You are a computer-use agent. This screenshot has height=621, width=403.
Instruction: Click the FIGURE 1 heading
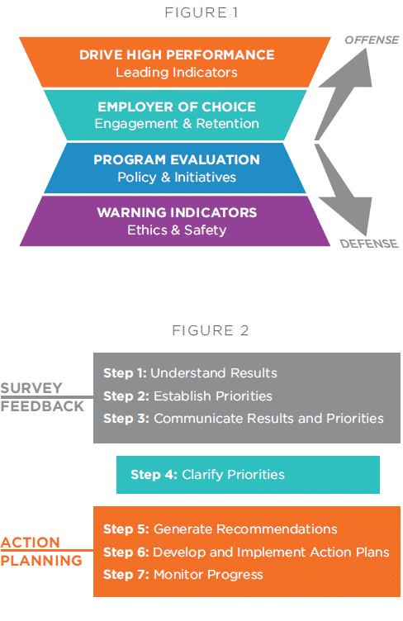(201, 12)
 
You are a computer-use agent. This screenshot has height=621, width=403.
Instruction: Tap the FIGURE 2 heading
(211, 330)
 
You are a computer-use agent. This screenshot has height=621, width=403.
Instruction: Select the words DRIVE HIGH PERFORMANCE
(177, 55)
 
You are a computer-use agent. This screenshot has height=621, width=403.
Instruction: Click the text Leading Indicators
(177, 73)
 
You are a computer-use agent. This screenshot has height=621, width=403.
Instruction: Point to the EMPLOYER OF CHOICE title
(177, 107)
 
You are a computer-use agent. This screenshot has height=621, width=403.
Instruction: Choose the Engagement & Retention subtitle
(177, 124)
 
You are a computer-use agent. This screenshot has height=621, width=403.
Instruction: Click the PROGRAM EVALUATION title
(177, 159)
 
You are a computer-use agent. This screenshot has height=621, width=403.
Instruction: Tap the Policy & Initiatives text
(177, 177)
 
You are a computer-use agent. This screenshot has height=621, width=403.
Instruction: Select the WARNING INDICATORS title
(177, 213)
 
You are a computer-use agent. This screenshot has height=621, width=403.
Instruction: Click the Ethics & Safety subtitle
(177, 230)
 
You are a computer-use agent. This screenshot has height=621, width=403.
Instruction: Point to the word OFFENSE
(372, 40)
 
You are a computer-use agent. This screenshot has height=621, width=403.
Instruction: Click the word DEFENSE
(369, 244)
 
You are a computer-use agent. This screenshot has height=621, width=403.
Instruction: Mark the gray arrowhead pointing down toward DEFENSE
(348, 216)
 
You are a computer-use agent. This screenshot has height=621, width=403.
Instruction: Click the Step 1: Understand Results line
(190, 373)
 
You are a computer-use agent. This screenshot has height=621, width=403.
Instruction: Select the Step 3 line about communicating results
(244, 419)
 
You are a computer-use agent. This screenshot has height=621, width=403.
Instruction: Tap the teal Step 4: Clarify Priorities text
(207, 475)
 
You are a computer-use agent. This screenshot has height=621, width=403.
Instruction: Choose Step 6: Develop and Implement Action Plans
(246, 552)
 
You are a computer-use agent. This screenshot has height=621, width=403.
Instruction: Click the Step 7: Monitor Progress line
(183, 575)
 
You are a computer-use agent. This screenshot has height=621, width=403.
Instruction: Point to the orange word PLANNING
(41, 561)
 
